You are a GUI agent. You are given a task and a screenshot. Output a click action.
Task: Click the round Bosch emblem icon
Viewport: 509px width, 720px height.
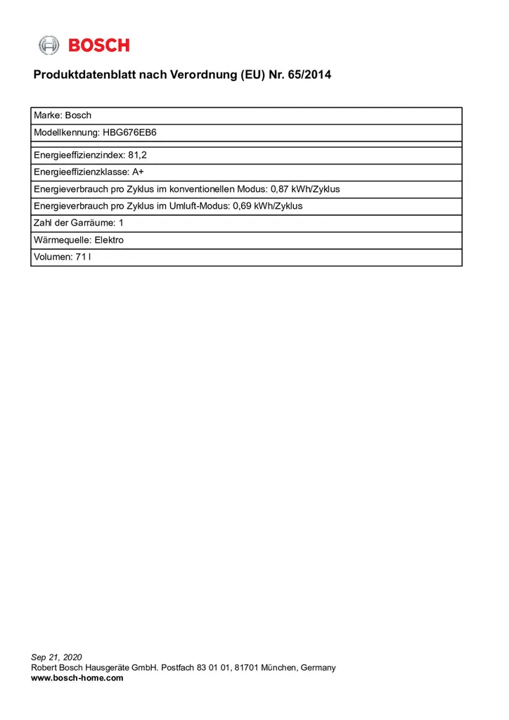pos(49,46)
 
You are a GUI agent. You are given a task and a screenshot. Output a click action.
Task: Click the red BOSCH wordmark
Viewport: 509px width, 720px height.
pos(99,46)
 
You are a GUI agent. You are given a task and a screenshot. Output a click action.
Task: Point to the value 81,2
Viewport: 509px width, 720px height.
pos(137,155)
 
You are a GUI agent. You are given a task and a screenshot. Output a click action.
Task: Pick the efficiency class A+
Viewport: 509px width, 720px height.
pos(138,172)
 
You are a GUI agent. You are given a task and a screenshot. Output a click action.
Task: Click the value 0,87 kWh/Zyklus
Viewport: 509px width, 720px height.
pos(306,189)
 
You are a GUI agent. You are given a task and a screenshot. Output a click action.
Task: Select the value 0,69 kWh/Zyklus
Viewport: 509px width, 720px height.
pos(267,206)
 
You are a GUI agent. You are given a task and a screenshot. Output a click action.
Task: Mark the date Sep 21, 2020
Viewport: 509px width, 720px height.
pos(57,657)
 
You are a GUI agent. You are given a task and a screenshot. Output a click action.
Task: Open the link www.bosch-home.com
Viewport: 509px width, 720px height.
pos(77,678)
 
